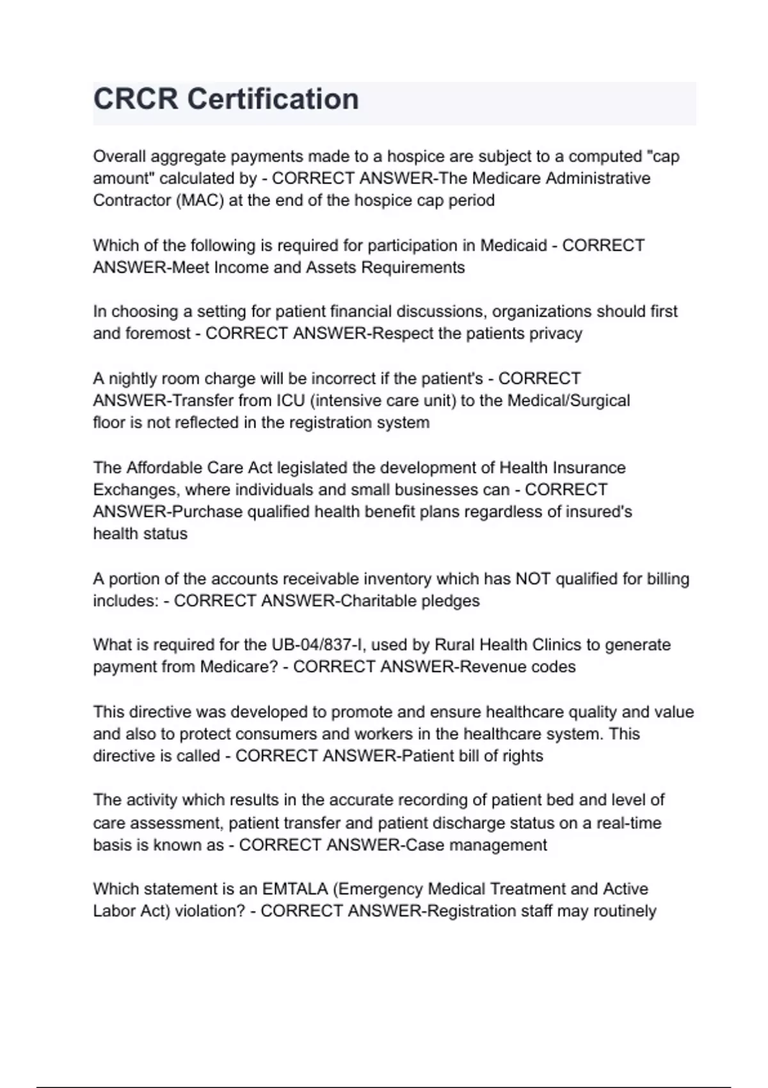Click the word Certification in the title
coord(273,99)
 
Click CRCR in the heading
coord(136,99)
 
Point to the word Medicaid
coord(513,246)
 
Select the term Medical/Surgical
coord(568,401)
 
